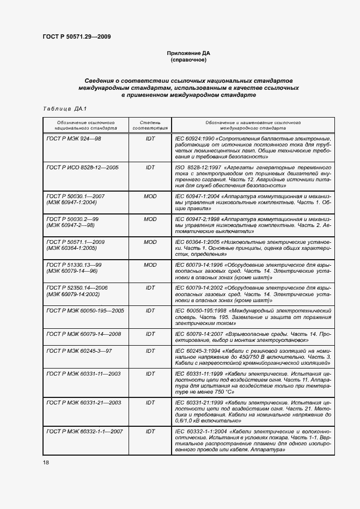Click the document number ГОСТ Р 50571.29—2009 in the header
(76, 37)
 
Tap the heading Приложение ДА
(188, 53)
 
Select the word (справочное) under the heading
(188, 60)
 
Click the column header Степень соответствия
(150, 126)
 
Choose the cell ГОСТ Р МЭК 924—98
(74, 139)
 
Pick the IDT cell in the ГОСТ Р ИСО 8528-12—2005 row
(150, 168)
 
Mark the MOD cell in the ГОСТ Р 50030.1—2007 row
(150, 195)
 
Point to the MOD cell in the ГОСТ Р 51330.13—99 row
(150, 265)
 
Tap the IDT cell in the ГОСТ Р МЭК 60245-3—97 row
(150, 351)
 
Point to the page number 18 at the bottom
(46, 462)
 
